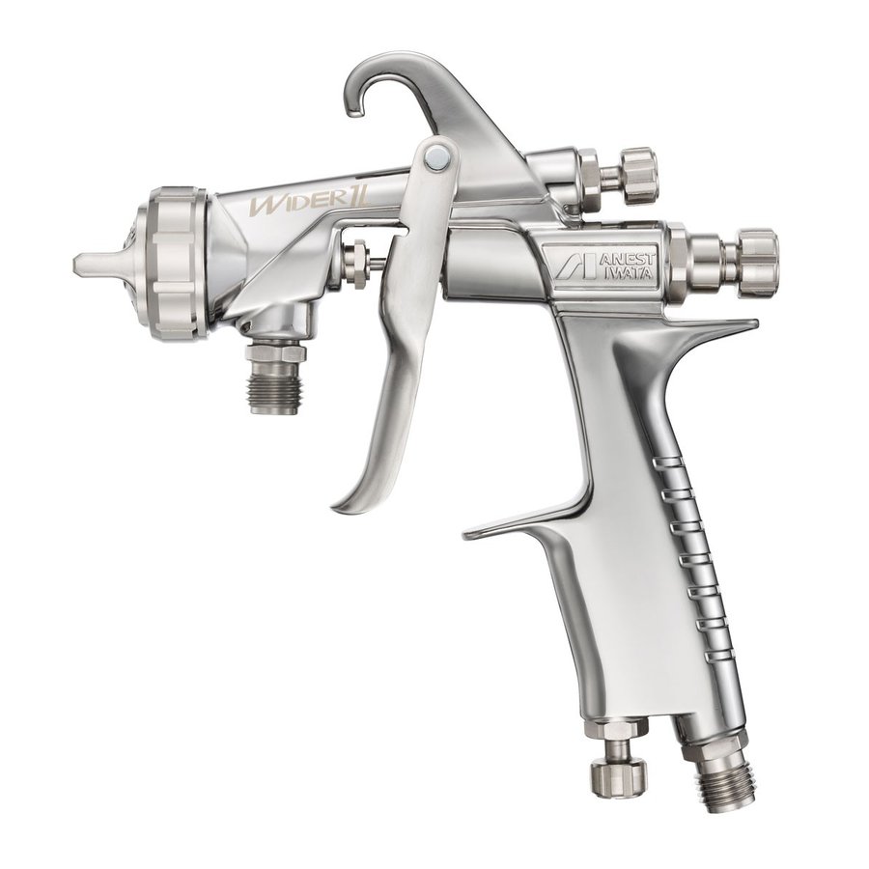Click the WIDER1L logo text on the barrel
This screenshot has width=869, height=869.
coord(310,201)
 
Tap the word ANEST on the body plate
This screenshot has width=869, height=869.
coord(628,260)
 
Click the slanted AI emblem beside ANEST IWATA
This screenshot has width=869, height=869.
coord(575,266)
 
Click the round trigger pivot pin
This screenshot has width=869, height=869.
coord(436,156)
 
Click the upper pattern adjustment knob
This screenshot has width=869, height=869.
coord(638,176)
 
